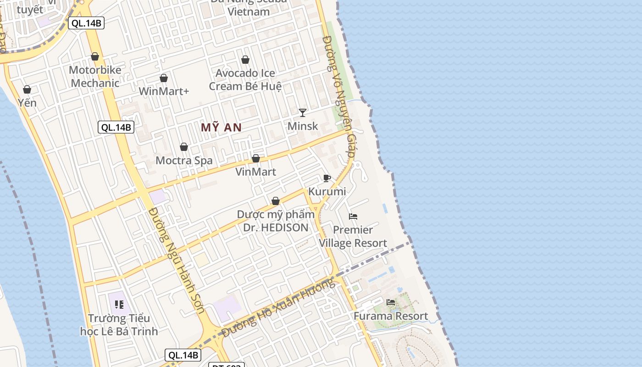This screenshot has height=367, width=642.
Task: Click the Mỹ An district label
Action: [x=221, y=128]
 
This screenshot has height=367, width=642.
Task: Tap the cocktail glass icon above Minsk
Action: [x=303, y=112]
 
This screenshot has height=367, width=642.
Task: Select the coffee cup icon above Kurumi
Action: [x=327, y=178]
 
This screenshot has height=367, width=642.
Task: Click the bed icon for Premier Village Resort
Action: [x=353, y=217]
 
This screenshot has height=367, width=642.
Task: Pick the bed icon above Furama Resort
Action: [x=391, y=302]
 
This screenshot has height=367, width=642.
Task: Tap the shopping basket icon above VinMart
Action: [x=256, y=158]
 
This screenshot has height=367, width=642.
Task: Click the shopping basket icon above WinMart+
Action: [x=164, y=78]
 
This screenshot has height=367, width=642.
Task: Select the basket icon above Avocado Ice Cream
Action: [x=245, y=60]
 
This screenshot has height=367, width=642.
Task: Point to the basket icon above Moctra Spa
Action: [x=184, y=147]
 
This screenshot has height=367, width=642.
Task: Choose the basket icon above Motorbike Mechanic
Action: [x=95, y=56]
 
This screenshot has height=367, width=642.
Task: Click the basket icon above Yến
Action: [x=27, y=89]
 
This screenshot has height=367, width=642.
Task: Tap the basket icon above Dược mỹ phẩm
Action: [x=276, y=201]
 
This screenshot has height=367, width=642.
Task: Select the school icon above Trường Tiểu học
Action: [x=119, y=304]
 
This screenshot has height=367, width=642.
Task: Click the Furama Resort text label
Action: [x=391, y=316]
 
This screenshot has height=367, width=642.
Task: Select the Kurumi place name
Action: [x=327, y=191]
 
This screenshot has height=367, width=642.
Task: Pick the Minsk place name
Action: [x=303, y=126]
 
